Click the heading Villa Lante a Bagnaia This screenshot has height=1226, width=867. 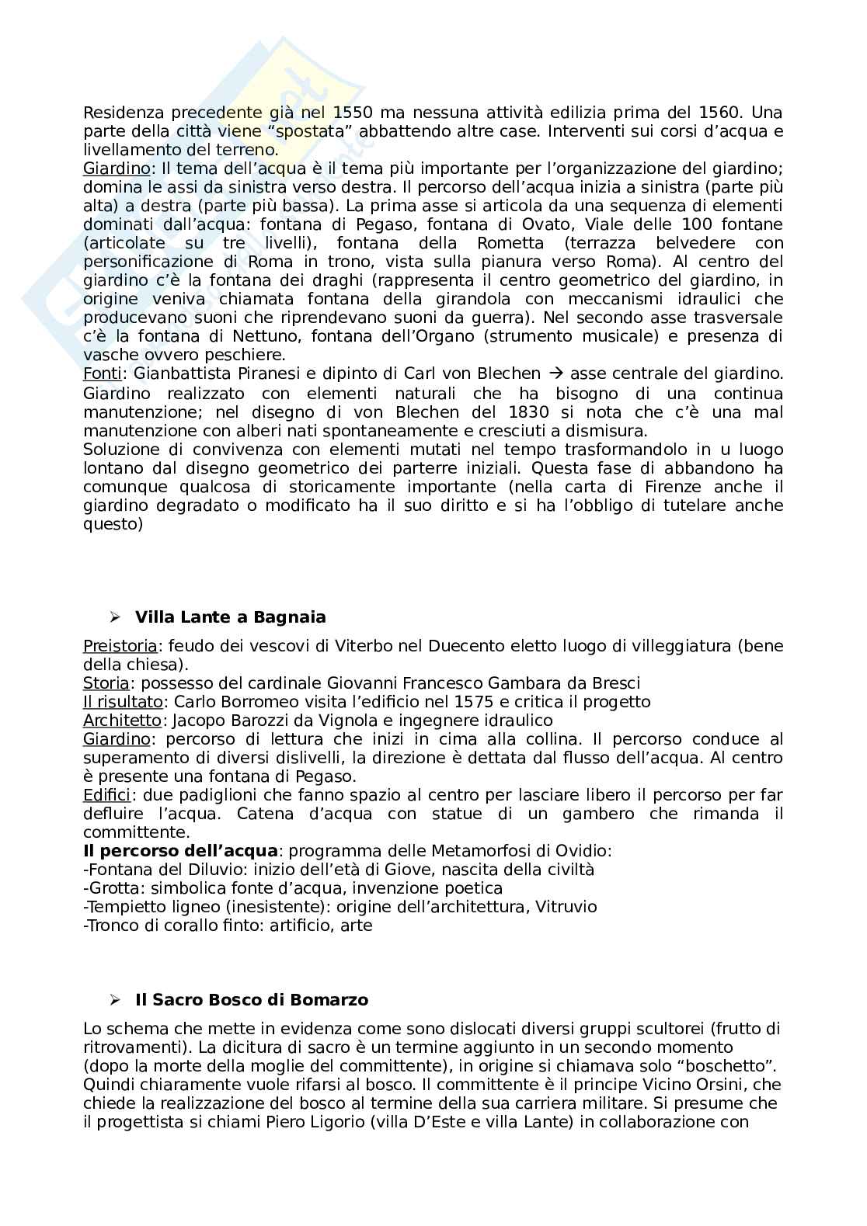click(x=230, y=617)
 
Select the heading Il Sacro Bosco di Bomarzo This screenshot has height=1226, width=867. click(x=252, y=999)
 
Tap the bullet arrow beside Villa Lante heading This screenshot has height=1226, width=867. click(x=115, y=617)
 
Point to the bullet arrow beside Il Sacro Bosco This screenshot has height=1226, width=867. click(x=115, y=999)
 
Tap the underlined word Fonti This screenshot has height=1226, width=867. click(x=101, y=374)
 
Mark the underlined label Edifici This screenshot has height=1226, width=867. click(x=106, y=795)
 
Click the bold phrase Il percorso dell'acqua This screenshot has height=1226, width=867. click(x=179, y=851)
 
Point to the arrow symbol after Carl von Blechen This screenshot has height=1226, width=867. click(x=555, y=374)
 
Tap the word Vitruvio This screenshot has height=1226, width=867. click(x=566, y=907)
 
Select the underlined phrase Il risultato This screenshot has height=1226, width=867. click(x=123, y=702)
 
